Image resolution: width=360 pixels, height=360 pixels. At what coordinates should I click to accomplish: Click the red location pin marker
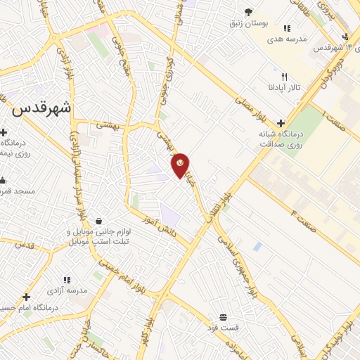tap(181, 165)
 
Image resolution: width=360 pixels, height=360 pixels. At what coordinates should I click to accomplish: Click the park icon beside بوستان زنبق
tap(247, 11)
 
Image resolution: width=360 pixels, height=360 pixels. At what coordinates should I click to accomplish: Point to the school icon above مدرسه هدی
tap(287, 28)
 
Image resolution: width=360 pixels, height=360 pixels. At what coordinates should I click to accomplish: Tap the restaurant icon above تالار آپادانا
tap(285, 76)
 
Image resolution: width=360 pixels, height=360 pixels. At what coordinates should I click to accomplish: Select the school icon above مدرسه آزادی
tap(67, 280)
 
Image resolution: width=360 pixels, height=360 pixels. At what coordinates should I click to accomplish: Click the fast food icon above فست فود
tap(223, 317)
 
